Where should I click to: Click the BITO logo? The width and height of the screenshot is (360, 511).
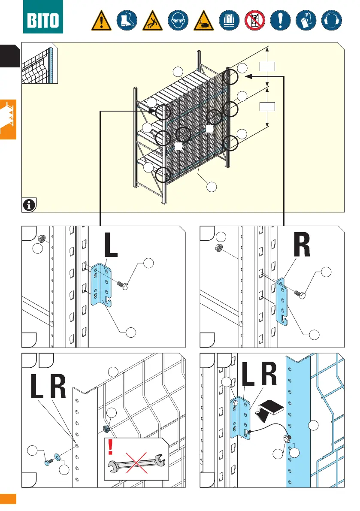coord(43,18)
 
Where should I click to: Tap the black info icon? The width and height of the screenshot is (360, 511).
coord(29,205)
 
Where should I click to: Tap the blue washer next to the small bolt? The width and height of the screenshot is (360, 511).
coord(57,454)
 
